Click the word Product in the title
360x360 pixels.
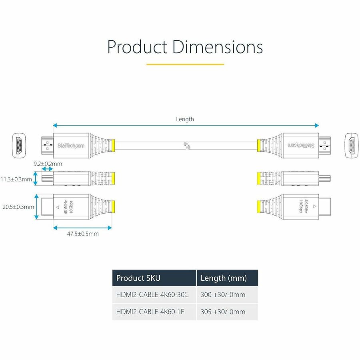(x=137, y=47)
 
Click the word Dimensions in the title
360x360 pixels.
(x=218, y=47)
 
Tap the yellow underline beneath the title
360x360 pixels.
(x=185, y=64)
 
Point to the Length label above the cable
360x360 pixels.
(x=185, y=119)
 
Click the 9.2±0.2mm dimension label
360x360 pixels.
(x=48, y=164)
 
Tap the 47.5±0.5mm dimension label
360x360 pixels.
(x=82, y=234)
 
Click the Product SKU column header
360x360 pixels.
(x=138, y=278)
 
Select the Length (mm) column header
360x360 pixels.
(x=223, y=278)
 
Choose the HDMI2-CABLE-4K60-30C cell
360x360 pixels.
(x=152, y=295)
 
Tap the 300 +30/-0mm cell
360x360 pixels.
(x=223, y=295)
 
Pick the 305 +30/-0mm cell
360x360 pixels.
(x=223, y=312)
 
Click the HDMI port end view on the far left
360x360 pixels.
(x=18, y=144)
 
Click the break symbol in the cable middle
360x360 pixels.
(x=187, y=145)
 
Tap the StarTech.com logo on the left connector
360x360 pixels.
(x=71, y=146)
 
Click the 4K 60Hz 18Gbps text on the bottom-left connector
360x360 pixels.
(x=68, y=207)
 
